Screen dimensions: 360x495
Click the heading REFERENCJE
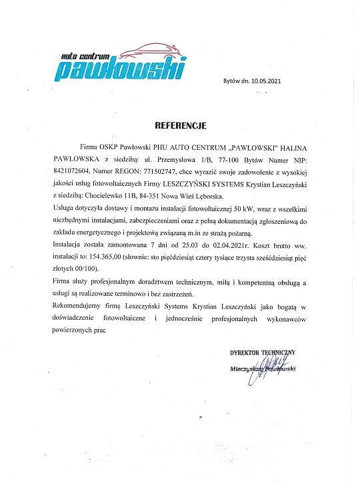(x=181, y=125)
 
